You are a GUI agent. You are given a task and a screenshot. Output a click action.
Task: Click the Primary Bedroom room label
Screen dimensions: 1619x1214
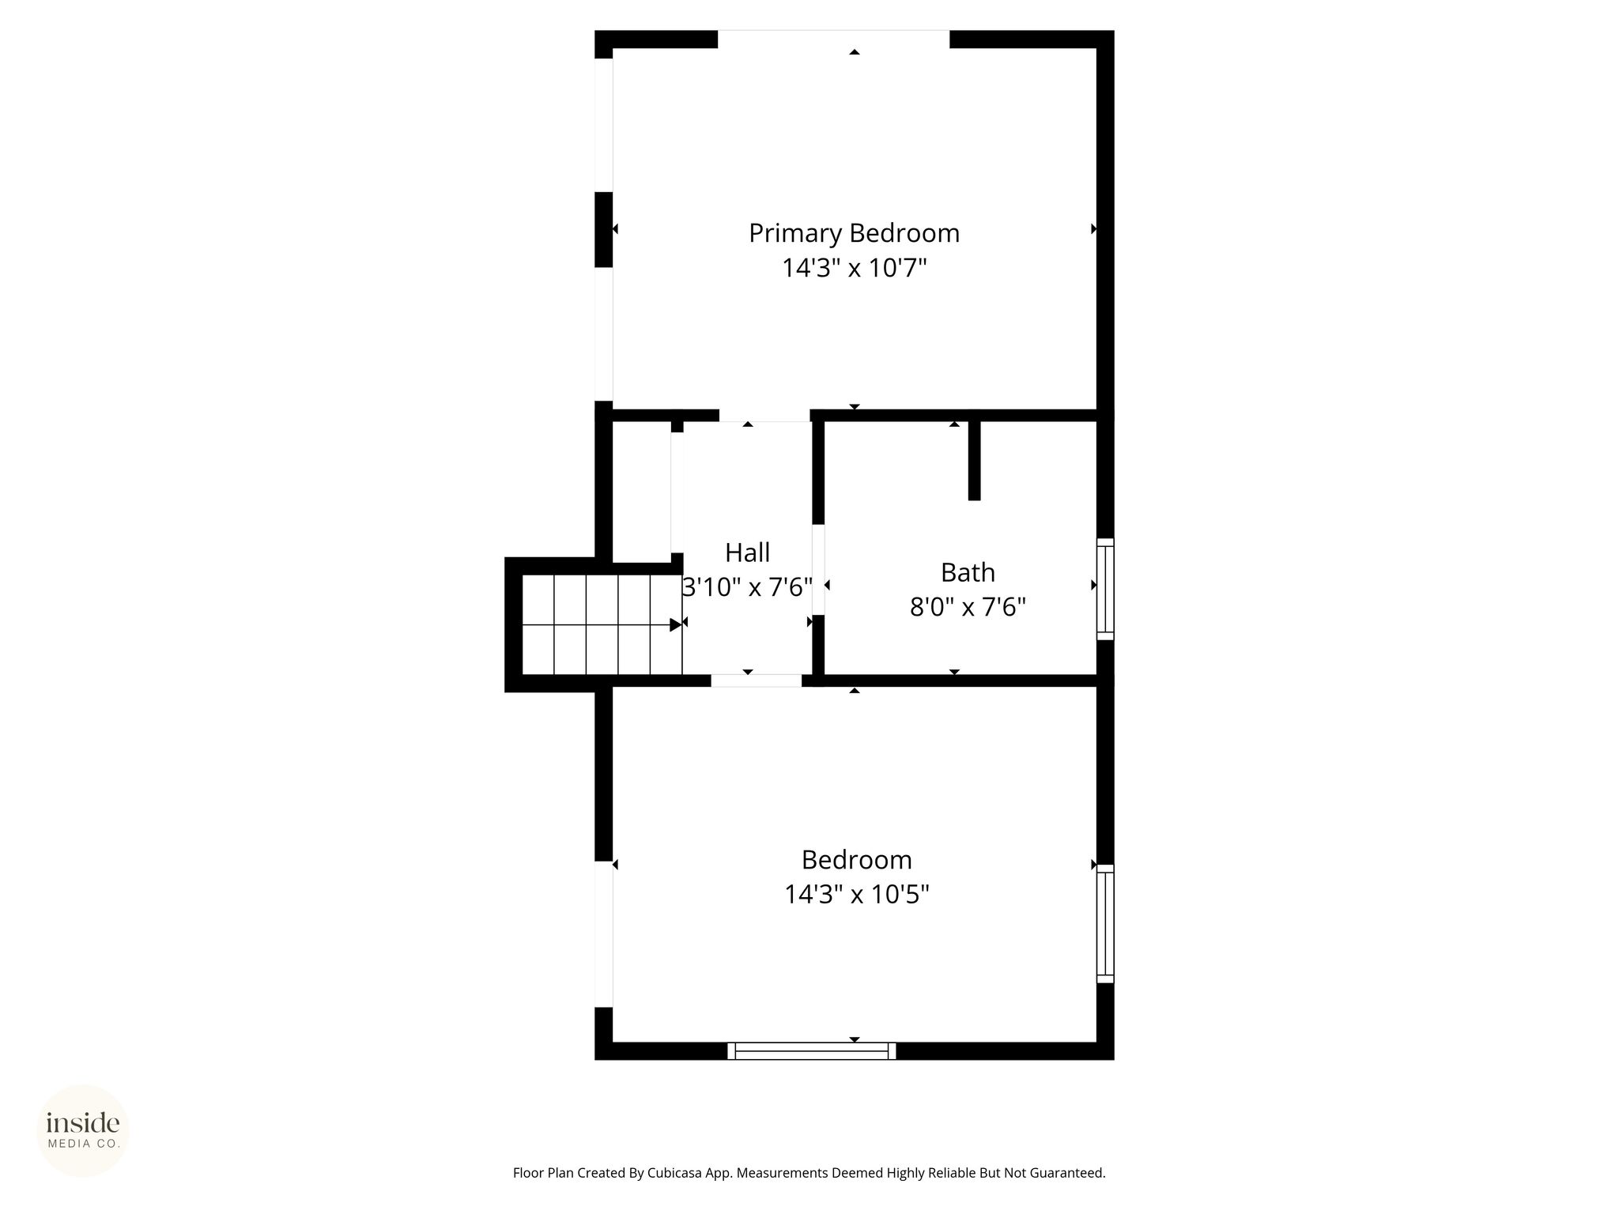pyautogui.click(x=854, y=234)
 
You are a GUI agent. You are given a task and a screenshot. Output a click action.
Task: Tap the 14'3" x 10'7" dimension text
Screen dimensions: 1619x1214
pyautogui.click(x=854, y=269)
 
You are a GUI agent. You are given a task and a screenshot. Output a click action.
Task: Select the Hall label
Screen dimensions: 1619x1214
pyautogui.click(x=747, y=552)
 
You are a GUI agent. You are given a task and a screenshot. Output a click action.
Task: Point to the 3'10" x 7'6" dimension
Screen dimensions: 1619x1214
pyautogui.click(x=747, y=587)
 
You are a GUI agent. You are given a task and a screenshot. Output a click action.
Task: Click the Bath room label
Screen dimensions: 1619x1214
pyautogui.click(x=968, y=572)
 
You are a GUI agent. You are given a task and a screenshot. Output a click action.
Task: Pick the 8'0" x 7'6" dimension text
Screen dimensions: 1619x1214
pyautogui.click(x=968, y=607)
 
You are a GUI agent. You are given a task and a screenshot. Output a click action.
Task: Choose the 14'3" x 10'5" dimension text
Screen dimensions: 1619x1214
pyautogui.click(x=856, y=895)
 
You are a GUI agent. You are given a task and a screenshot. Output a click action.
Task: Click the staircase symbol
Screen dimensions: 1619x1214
pyautogui.click(x=602, y=624)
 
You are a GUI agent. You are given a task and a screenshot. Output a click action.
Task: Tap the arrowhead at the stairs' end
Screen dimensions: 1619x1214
pyautogui.click(x=676, y=624)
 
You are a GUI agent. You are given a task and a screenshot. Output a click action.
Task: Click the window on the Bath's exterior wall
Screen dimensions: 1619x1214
pyautogui.click(x=1105, y=589)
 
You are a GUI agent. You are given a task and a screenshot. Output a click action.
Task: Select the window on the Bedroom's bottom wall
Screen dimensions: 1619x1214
pyautogui.click(x=811, y=1050)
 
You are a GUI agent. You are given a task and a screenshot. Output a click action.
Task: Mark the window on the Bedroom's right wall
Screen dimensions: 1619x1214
pyautogui.click(x=1105, y=924)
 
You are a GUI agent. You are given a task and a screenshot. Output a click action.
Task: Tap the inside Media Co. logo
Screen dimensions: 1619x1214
pyautogui.click(x=83, y=1131)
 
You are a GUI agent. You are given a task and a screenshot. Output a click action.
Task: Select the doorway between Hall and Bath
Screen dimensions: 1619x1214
pyautogui.click(x=818, y=569)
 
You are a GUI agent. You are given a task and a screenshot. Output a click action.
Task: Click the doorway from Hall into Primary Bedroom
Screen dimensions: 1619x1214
pyautogui.click(x=764, y=415)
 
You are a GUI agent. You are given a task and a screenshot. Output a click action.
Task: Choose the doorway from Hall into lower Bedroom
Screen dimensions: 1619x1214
pyautogui.click(x=756, y=681)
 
